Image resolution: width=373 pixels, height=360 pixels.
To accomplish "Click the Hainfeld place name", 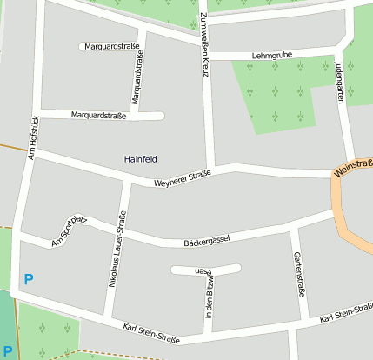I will tap(141, 159).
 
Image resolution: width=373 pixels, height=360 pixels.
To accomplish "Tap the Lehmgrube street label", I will tap(271, 55).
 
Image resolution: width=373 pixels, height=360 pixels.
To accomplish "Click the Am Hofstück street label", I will tap(33, 137).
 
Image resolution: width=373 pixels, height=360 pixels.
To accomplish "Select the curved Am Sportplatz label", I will tap(69, 230).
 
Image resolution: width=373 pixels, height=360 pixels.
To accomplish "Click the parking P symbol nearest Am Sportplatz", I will tap(29, 280).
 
